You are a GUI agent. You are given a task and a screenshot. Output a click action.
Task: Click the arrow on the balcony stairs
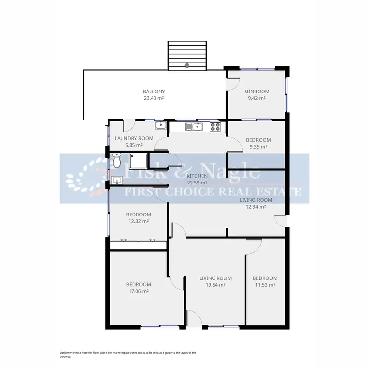click(187, 64)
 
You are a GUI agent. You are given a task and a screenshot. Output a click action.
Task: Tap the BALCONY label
click(154, 92)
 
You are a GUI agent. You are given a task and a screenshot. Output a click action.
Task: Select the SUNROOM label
click(257, 92)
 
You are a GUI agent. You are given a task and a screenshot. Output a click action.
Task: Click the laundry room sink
click(160, 126)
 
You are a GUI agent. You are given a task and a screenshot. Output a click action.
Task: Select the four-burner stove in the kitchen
click(215, 127)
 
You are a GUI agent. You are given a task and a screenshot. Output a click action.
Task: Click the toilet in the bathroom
click(117, 160)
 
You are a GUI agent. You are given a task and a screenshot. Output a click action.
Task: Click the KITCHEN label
click(196, 176)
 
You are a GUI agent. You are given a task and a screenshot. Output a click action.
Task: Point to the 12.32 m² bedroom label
click(138, 221)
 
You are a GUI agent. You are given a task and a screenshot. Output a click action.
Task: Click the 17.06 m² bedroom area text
click(138, 291)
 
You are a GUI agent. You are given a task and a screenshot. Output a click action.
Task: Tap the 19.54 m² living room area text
click(215, 285)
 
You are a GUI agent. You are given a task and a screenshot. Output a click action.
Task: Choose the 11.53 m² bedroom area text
click(265, 285)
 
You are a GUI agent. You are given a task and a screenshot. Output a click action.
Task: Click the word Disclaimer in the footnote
click(65, 353)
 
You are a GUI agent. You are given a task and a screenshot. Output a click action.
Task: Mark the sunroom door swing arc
click(230, 85)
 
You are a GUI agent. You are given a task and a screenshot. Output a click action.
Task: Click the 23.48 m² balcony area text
click(154, 98)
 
